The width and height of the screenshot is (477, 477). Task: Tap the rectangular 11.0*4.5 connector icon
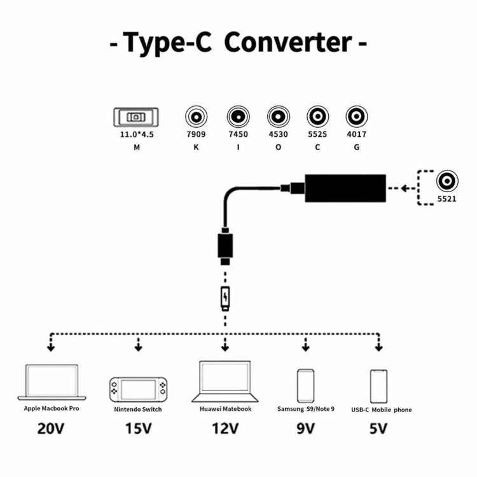pos(136,118)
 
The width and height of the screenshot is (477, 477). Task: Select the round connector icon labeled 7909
pos(195,117)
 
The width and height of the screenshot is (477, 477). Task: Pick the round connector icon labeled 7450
pos(237,117)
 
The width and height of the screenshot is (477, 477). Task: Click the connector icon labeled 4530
pos(277,117)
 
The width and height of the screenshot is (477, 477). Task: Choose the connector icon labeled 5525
pos(317,117)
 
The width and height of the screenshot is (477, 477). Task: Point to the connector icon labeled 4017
pos(356,117)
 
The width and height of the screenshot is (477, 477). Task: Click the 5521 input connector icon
pos(448,183)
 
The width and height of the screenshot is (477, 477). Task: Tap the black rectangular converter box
pos(345,188)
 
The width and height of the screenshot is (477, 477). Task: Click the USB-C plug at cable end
pos(225,249)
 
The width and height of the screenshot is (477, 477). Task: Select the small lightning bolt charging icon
pos(225,298)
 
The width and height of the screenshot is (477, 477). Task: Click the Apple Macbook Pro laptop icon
pos(52,382)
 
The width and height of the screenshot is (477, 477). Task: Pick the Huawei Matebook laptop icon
pos(225,381)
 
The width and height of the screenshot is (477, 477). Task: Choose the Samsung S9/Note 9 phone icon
pos(305,384)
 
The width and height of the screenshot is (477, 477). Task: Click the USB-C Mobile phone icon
pos(379,385)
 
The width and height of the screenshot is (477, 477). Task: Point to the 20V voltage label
pos(51,428)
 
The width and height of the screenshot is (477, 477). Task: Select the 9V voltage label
pos(305,428)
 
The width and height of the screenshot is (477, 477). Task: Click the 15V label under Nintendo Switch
pos(137,428)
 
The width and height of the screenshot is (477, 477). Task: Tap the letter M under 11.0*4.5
pos(136,147)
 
